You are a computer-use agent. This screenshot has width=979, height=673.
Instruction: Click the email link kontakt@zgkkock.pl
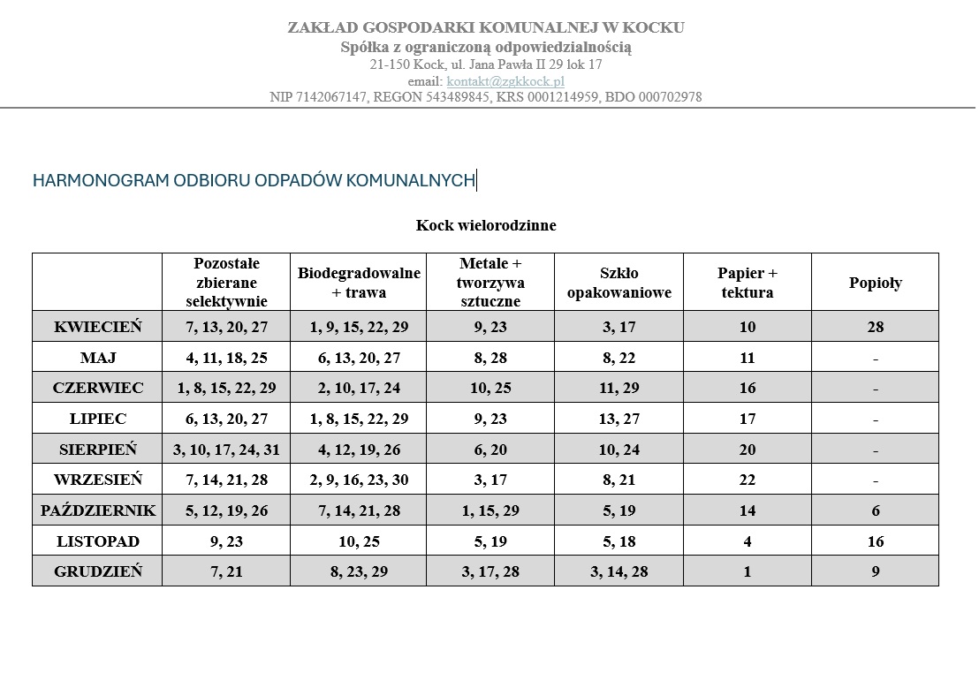pyautogui.click(x=505, y=81)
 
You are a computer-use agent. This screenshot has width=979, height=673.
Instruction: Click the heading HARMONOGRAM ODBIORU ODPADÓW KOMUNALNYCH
pyautogui.click(x=254, y=181)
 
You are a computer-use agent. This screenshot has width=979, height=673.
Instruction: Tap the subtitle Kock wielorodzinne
pyautogui.click(x=486, y=225)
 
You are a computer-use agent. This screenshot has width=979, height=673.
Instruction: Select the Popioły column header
pyautogui.click(x=875, y=283)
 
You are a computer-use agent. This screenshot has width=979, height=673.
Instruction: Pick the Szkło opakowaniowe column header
pyautogui.click(x=619, y=283)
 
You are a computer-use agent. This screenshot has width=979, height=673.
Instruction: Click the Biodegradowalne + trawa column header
pyautogui.click(x=359, y=283)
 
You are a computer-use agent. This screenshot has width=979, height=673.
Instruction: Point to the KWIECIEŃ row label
pyautogui.click(x=97, y=327)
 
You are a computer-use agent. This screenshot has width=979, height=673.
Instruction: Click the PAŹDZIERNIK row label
pyautogui.click(x=97, y=510)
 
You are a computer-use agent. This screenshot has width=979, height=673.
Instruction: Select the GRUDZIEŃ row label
pyautogui.click(x=97, y=571)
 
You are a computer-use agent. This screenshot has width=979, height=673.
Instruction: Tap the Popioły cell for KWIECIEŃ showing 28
pyautogui.click(x=875, y=327)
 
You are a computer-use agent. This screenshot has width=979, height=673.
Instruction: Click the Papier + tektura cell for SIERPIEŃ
pyautogui.click(x=748, y=450)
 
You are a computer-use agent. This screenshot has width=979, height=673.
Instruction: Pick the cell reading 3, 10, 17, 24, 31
pyautogui.click(x=226, y=450)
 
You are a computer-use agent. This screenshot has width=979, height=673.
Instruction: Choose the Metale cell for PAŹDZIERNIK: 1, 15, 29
pyautogui.click(x=490, y=510)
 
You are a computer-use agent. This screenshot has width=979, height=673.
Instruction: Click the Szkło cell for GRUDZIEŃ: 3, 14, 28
pyautogui.click(x=619, y=571)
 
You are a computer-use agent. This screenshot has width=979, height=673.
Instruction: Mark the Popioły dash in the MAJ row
pyautogui.click(x=875, y=359)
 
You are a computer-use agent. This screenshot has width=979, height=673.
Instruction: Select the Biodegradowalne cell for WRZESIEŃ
pyautogui.click(x=359, y=480)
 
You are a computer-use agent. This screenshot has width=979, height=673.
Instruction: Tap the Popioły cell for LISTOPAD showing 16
pyautogui.click(x=875, y=541)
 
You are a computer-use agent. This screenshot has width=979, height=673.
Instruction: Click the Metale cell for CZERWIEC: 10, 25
pyautogui.click(x=490, y=388)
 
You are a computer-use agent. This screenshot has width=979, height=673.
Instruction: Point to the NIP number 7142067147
pyautogui.click(x=330, y=97)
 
